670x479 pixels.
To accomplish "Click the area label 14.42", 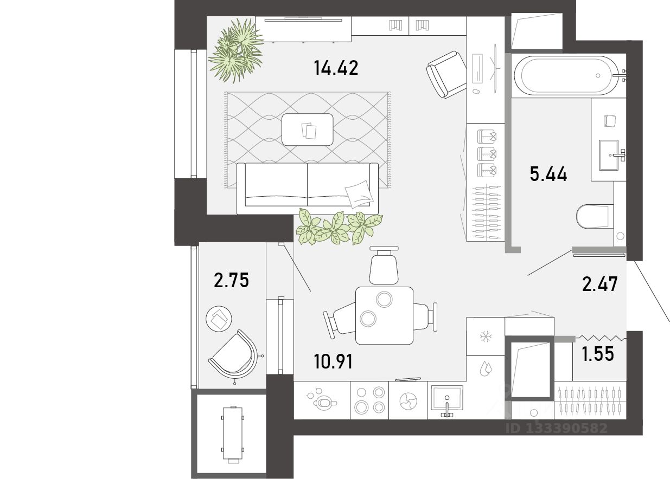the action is coord(336,68).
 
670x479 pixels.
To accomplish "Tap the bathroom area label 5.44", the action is coord(548,174).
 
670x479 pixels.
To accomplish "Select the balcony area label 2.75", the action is coord(231,280).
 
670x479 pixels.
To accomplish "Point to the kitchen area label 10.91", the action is coord(333,361).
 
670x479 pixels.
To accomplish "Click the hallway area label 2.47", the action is coord(599,284).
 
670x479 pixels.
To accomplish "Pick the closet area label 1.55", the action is coord(598,354).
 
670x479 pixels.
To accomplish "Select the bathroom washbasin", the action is coord(608,156).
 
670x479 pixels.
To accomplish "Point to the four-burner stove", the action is coord(369,400).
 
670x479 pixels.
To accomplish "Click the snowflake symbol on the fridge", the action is coord(486,337).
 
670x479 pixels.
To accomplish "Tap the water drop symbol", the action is coord(486,368).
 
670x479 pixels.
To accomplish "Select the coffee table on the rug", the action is coord(308,130).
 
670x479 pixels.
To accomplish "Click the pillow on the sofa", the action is coord(359,194).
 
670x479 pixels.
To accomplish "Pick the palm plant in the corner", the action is coord(237,50).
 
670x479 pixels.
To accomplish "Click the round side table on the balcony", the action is coord(219,319).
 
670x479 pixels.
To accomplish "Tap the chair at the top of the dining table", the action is coord(384,265).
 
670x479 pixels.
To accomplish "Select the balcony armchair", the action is coord(234,355).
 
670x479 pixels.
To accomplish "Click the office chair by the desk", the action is coord(446,74).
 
